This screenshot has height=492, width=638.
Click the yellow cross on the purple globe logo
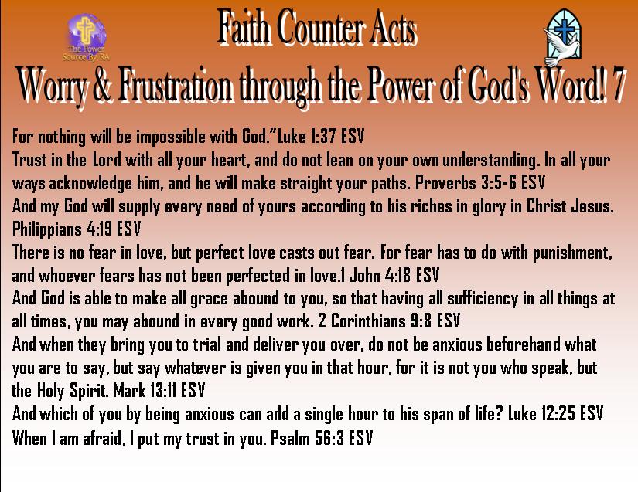(86, 30)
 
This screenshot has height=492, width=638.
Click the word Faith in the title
(244, 27)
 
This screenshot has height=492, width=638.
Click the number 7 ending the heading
(616, 85)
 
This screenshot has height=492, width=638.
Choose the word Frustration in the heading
(176, 86)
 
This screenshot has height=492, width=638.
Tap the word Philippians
(47, 229)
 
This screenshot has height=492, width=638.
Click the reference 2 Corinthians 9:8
(375, 321)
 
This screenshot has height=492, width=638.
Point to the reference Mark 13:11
(145, 391)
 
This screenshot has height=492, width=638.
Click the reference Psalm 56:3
(308, 438)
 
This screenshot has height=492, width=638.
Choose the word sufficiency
(483, 300)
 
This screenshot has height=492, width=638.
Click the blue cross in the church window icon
(564, 29)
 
